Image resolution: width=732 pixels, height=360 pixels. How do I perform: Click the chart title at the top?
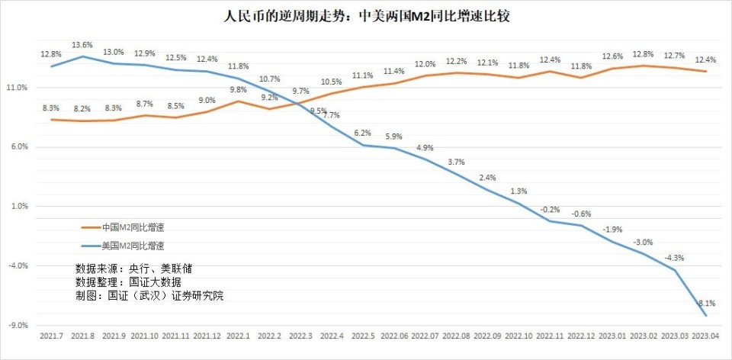[x=366, y=16]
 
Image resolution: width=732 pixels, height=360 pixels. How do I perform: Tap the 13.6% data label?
[x=82, y=45]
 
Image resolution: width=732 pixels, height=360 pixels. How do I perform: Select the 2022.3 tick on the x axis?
[x=300, y=336]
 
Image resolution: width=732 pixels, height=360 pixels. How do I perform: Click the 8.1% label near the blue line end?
[x=706, y=303]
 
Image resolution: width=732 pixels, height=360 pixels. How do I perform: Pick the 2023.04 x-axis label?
[x=706, y=336]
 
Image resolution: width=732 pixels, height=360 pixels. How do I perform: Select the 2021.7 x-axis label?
[x=51, y=336]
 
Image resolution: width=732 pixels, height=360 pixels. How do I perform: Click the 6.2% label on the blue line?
[x=363, y=133]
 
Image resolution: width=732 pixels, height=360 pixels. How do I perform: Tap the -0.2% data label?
[x=550, y=208]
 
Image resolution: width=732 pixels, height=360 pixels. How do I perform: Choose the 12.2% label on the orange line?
[x=457, y=61]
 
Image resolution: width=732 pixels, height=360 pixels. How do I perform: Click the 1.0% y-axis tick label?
[x=18, y=206]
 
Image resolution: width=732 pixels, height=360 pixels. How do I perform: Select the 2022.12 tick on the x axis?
[x=581, y=336]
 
